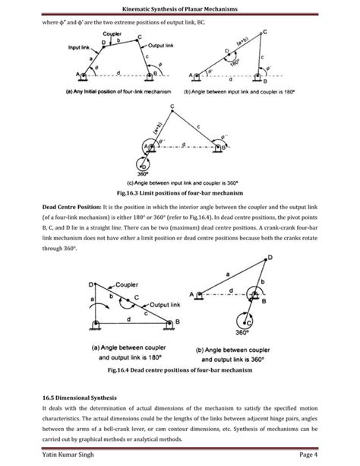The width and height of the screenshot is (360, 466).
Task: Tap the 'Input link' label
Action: tap(81, 47)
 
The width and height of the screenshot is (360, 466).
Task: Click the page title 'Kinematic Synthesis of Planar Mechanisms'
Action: tap(180, 8)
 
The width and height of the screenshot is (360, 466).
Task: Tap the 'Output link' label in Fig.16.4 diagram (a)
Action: tap(159, 304)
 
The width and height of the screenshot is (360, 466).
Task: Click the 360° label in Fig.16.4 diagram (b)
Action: tap(262, 331)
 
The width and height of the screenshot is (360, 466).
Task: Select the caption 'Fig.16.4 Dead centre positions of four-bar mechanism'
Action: tap(180, 370)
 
